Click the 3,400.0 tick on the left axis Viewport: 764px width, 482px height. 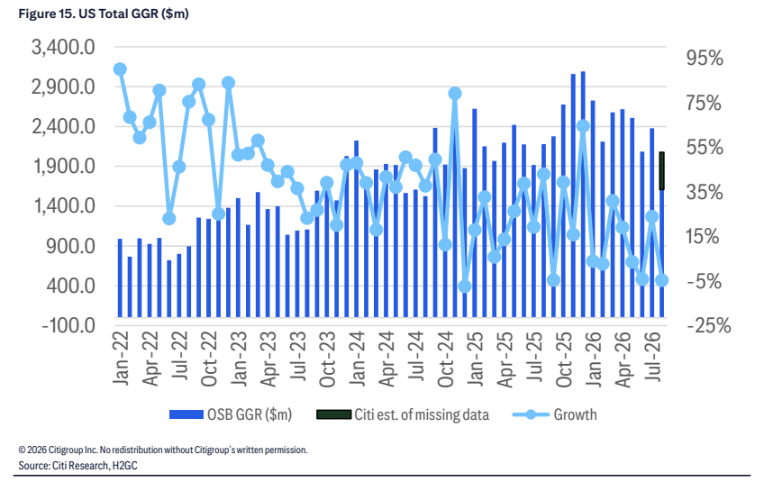click(x=63, y=48)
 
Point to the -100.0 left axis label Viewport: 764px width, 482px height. click(x=68, y=325)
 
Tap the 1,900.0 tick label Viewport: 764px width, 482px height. click(x=63, y=167)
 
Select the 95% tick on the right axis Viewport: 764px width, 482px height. click(x=705, y=59)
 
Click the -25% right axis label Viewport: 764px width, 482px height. click(x=709, y=325)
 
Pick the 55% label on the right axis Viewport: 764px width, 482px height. click(x=705, y=147)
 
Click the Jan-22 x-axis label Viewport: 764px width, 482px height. click(x=121, y=358)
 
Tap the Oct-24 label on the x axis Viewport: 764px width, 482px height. click(x=446, y=359)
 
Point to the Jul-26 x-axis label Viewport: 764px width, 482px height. click(x=653, y=357)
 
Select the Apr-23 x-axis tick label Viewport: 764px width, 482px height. click(x=268, y=359)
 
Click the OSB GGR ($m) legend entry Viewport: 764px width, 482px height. click(x=231, y=414)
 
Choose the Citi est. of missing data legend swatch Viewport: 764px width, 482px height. click(x=333, y=414)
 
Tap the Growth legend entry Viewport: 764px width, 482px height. click(x=554, y=414)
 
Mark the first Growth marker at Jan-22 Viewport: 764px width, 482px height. click(x=120, y=69)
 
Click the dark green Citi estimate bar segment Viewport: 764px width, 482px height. click(x=661, y=170)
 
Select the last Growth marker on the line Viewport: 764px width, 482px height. click(x=661, y=280)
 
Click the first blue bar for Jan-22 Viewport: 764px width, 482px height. click(x=120, y=278)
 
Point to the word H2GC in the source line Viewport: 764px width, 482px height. click(x=124, y=466)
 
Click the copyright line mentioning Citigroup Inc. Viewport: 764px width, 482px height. click(x=163, y=450)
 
